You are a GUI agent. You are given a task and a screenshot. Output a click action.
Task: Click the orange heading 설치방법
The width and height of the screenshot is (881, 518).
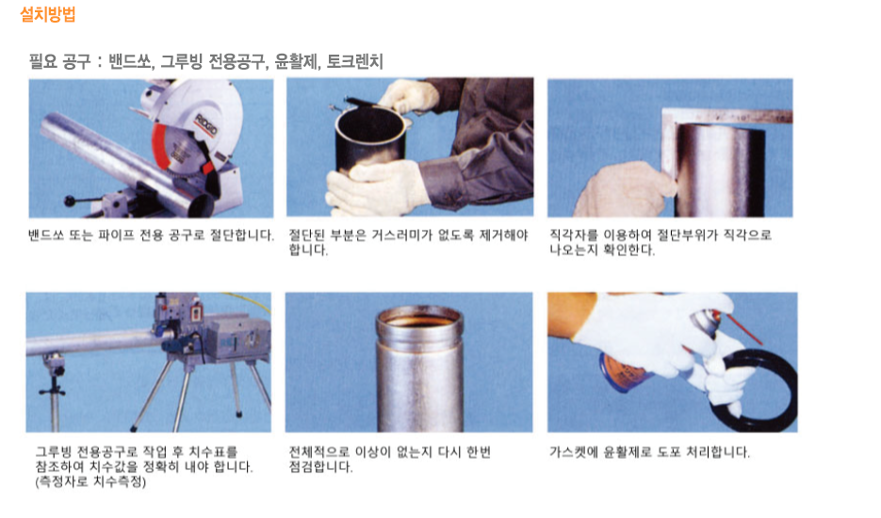click(x=48, y=14)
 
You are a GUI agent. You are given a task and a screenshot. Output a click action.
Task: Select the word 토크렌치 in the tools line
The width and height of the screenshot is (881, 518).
click(x=354, y=60)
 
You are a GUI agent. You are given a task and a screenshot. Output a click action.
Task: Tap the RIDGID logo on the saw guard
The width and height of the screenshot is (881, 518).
click(x=205, y=124)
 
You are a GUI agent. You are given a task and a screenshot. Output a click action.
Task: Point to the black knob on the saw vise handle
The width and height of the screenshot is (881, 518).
click(x=70, y=200)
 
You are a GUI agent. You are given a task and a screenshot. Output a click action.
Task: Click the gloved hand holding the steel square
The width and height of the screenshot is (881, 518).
click(x=624, y=189)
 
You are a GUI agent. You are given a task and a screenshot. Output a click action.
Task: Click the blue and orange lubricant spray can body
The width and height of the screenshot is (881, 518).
click(x=624, y=371)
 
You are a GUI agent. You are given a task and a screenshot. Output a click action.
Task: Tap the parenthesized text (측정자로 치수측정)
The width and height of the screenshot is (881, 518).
click(x=90, y=481)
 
